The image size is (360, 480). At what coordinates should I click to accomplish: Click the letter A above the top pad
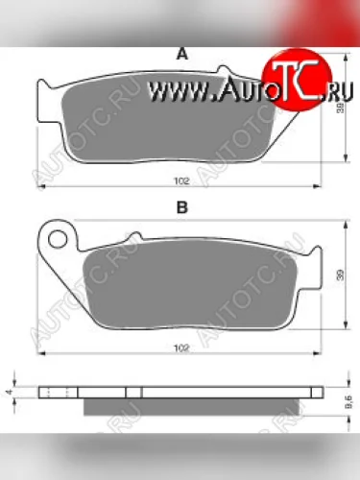click(x=180, y=57)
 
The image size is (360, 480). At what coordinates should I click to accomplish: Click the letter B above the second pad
click(x=180, y=207)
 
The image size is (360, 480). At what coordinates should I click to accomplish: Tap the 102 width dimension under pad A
click(x=181, y=180)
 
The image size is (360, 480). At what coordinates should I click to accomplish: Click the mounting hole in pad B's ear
click(x=59, y=236)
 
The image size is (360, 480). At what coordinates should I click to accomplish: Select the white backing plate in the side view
click(x=192, y=392)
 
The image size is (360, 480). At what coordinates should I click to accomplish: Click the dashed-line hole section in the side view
click(x=59, y=392)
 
